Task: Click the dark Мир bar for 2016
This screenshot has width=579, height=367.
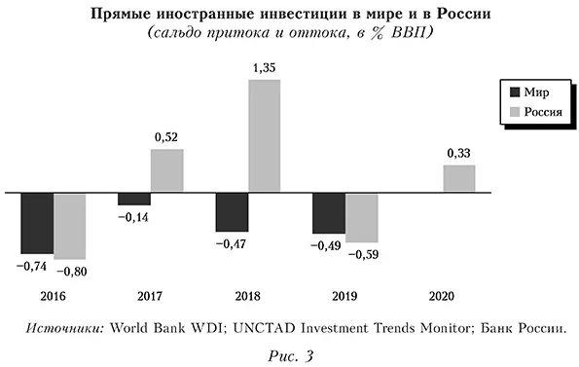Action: pyautogui.click(x=37, y=222)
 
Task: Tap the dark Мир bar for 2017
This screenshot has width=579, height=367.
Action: pyautogui.click(x=134, y=199)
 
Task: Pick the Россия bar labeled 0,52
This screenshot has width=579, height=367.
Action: pyautogui.click(x=167, y=170)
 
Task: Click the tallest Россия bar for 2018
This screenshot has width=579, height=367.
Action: pyautogui.click(x=264, y=135)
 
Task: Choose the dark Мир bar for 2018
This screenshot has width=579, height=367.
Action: pyautogui.click(x=232, y=211)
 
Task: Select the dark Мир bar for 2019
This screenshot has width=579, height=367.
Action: pyautogui.click(x=329, y=212)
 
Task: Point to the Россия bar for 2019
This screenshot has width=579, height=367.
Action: pyautogui.click(x=361, y=217)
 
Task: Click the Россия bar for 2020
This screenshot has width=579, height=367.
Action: pyautogui.click(x=458, y=178)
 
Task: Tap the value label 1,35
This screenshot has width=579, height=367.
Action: pyautogui.click(x=264, y=68)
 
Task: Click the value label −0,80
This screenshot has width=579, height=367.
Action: pyautogui.click(x=71, y=269)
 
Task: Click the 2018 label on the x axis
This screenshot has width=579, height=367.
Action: pyautogui.click(x=248, y=295)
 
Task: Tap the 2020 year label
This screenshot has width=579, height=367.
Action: pyautogui.click(x=443, y=295)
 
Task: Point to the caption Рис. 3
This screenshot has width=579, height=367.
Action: pyautogui.click(x=289, y=353)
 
